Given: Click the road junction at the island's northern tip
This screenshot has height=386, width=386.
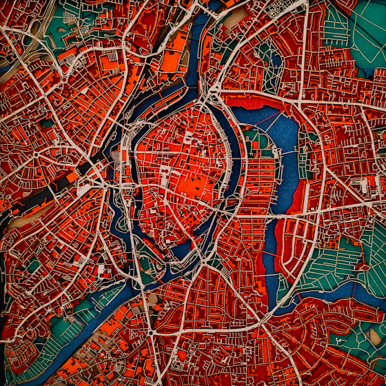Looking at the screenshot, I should (x=207, y=103).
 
